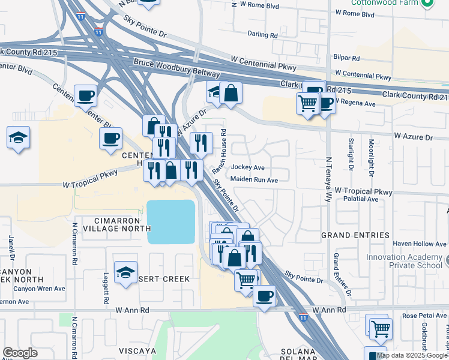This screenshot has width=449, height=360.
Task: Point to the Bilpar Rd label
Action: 348,58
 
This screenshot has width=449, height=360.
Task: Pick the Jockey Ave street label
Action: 248,167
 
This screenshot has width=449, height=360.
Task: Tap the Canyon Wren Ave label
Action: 39,289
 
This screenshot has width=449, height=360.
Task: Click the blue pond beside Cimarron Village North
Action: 171,221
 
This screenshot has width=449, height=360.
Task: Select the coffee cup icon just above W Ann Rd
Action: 264,296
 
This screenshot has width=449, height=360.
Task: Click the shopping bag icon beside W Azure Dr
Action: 230,92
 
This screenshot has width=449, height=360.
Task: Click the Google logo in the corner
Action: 20,353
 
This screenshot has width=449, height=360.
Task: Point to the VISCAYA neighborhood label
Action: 137,350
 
